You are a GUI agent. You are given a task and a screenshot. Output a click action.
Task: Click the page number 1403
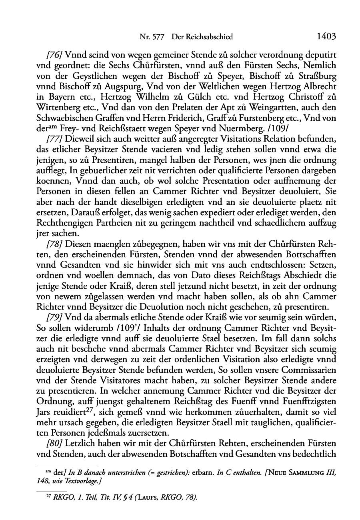coord(326,37)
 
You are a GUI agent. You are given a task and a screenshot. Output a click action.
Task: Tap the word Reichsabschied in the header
coord(208,37)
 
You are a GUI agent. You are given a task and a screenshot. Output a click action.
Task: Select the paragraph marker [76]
coord(54,54)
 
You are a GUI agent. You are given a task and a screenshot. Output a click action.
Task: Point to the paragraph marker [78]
coord(54,244)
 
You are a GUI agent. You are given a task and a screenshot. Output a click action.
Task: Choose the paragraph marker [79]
coord(54,319)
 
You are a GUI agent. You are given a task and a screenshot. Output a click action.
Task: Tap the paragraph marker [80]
coord(54,444)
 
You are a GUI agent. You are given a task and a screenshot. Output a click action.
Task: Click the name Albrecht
coord(318,86)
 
